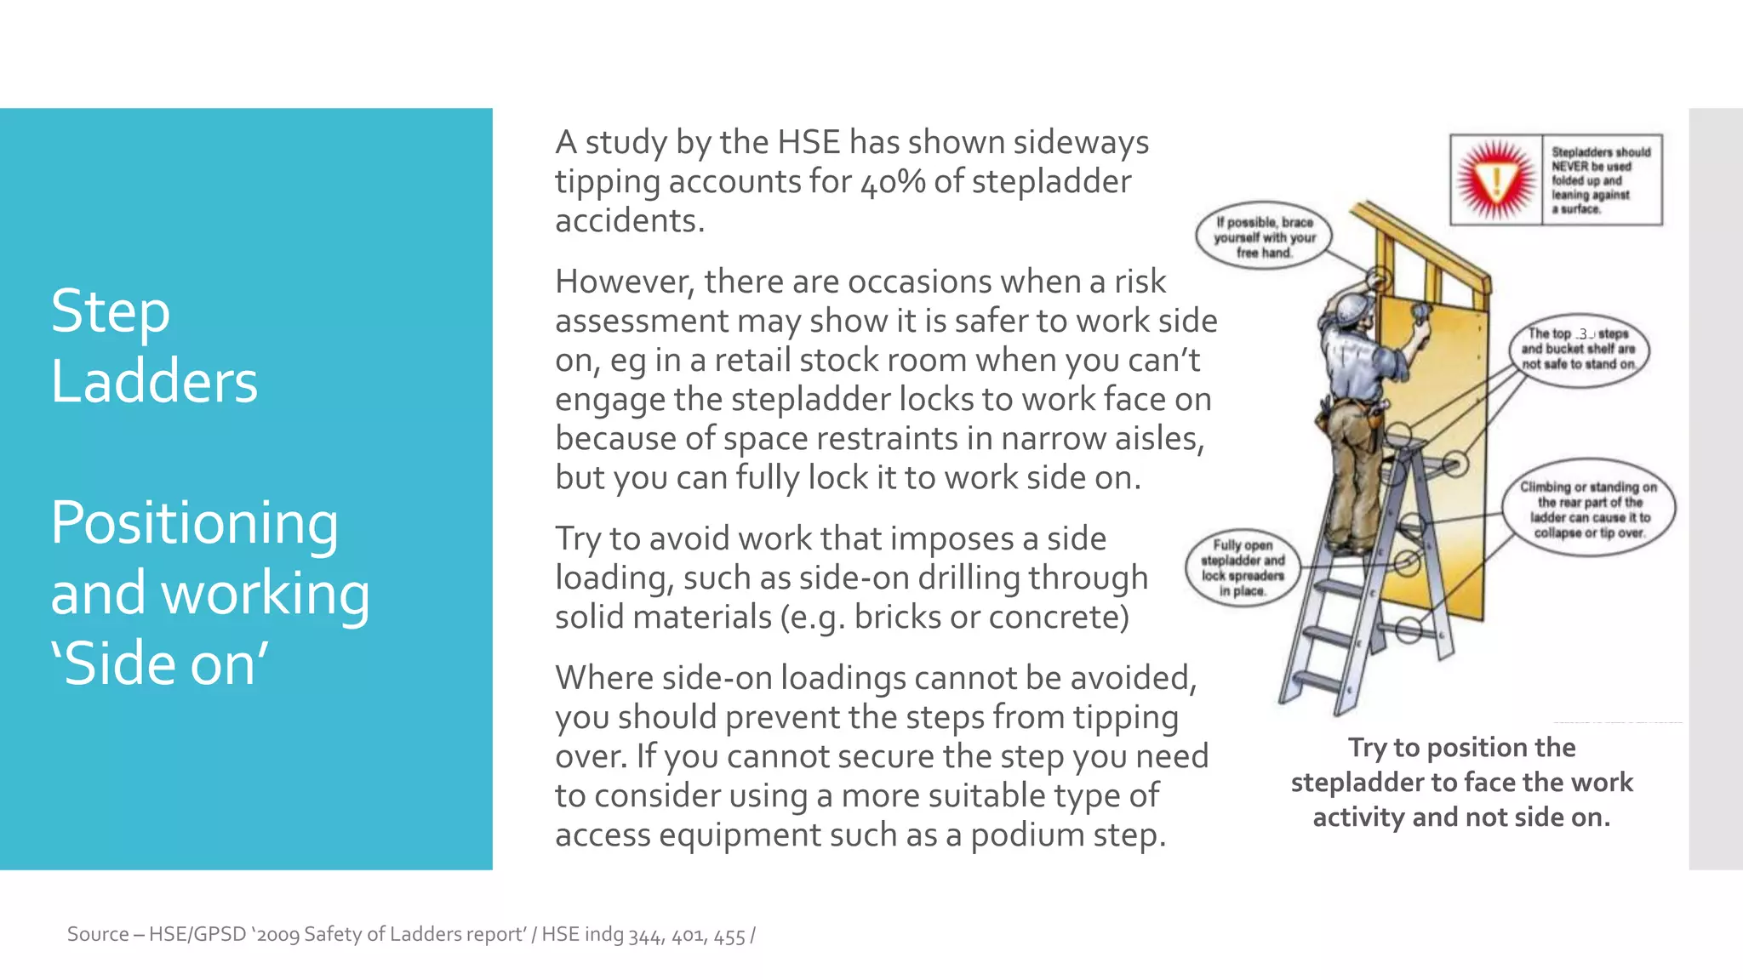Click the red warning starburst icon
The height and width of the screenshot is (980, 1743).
coord(1496,180)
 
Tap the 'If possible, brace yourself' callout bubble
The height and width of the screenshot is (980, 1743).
coord(1264,237)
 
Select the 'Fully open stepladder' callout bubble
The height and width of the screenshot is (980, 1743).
coord(1243,567)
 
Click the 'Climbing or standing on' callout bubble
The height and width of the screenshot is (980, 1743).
coord(1588,510)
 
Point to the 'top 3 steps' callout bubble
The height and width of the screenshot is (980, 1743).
coord(1579,349)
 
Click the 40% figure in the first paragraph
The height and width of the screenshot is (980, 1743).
coord(892,181)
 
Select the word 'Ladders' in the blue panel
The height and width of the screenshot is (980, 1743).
coord(154,381)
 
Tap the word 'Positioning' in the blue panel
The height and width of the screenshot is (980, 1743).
coord(194,522)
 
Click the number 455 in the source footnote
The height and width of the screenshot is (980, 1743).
coord(729,936)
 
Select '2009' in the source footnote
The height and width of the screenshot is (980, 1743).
coord(277,935)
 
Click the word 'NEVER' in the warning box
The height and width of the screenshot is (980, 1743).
coord(1568,167)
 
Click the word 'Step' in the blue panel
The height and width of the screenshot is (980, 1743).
coord(111,311)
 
